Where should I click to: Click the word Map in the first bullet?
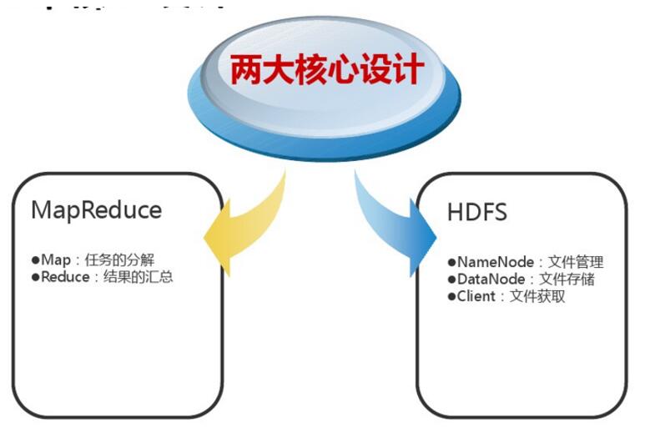(56, 260)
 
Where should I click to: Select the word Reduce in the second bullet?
(63, 277)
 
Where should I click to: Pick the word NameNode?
(493, 262)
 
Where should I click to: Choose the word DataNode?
(491, 279)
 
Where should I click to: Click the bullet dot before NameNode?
(451, 263)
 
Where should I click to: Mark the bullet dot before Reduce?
(36, 277)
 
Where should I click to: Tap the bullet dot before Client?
(451, 296)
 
